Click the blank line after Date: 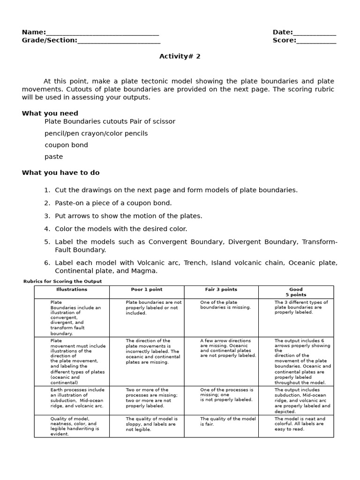(x=315, y=33)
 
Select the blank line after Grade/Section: (x=119, y=41)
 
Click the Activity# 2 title (x=180, y=56)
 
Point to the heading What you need (x=50, y=113)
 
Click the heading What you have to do (x=60, y=172)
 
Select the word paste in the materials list (x=53, y=157)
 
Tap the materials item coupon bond (x=66, y=145)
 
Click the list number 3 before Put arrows (x=47, y=216)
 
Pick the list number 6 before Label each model (x=47, y=263)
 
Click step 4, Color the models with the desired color (x=121, y=229)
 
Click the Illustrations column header (x=72, y=290)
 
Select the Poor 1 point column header (x=147, y=290)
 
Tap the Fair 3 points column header (x=221, y=290)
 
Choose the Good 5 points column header (x=296, y=292)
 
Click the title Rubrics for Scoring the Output (x=62, y=281)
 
